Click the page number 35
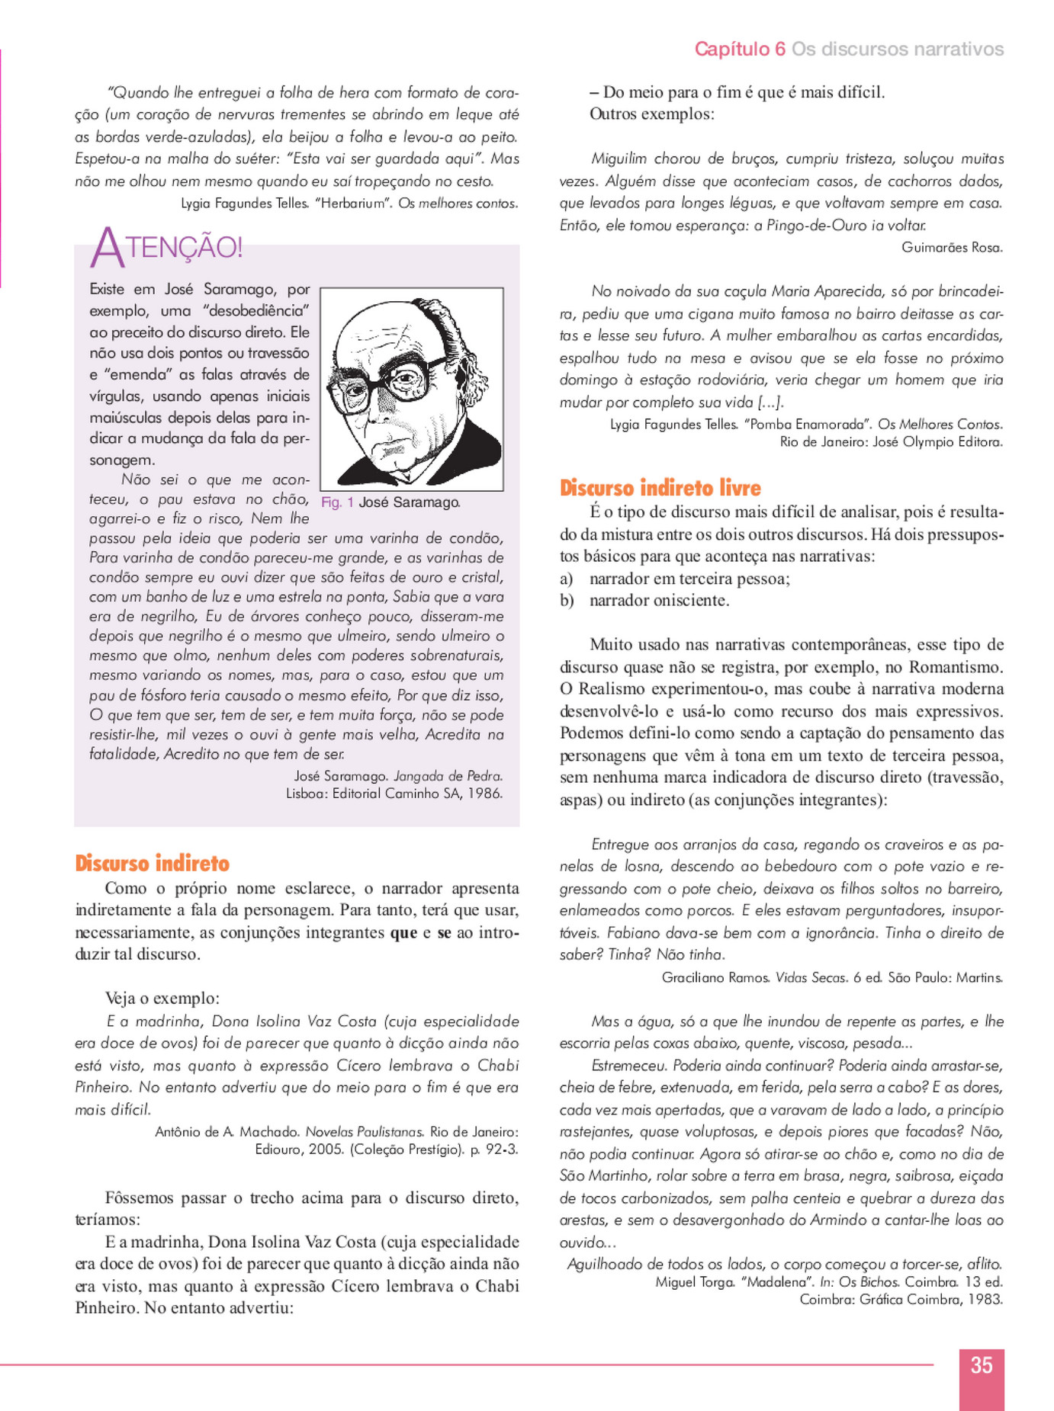pyautogui.click(x=981, y=1365)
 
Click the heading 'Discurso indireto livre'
pyautogui.click(x=660, y=488)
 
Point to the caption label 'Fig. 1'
pyautogui.click(x=337, y=502)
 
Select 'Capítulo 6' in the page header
pyautogui.click(x=739, y=50)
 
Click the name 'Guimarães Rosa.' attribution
pyautogui.click(x=952, y=248)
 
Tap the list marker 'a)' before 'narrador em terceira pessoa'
pyautogui.click(x=567, y=579)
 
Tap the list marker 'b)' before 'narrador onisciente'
pyautogui.click(x=567, y=601)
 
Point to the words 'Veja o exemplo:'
pyautogui.click(x=162, y=999)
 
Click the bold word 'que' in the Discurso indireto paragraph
pyautogui.click(x=403, y=932)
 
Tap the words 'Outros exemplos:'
pyautogui.click(x=652, y=114)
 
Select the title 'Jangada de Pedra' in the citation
pyautogui.click(x=448, y=776)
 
